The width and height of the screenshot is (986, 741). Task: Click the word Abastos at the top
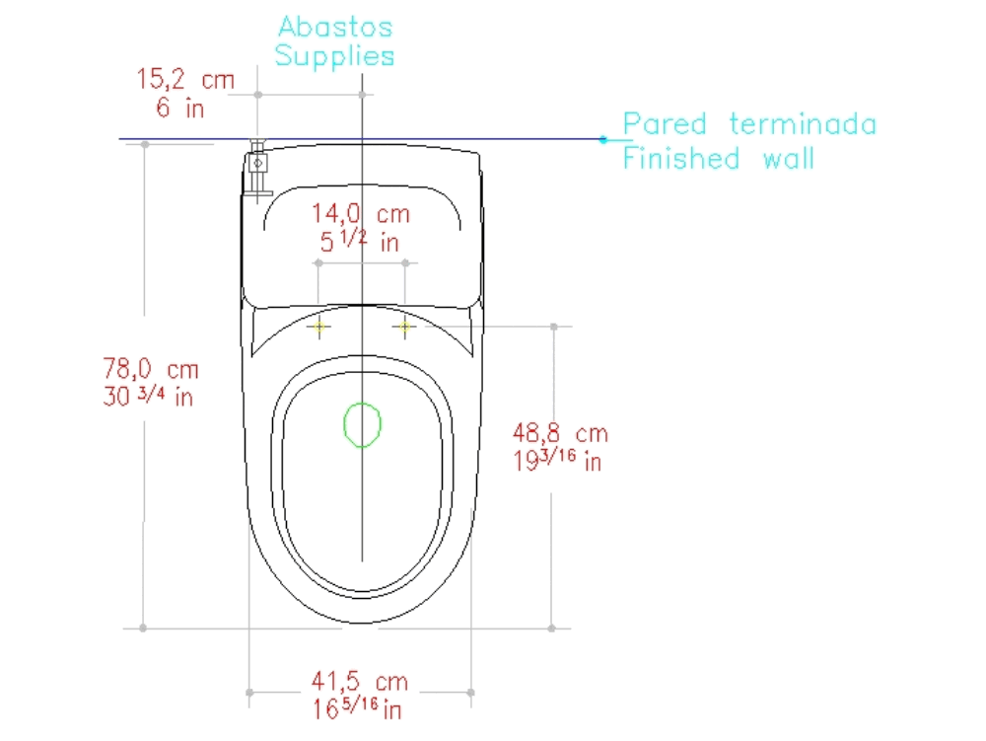tap(335, 27)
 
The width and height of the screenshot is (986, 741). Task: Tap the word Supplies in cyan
tap(335, 56)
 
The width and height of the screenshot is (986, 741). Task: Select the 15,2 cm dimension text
tap(186, 80)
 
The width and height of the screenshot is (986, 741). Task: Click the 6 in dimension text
tap(180, 108)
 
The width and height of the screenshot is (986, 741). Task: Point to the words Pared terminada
tap(749, 124)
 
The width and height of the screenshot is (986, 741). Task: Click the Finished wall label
tap(719, 158)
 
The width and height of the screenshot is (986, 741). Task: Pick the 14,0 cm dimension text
tap(361, 213)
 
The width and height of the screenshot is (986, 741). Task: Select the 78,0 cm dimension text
tap(151, 370)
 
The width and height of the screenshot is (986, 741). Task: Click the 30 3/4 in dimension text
tap(148, 398)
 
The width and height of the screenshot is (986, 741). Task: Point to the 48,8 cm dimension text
tap(560, 432)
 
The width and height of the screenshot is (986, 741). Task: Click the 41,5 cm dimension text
tap(360, 681)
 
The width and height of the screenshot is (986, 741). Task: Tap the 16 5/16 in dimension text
tap(357, 707)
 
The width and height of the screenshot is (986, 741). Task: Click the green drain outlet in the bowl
tap(362, 424)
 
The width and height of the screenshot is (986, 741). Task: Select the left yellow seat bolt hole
tap(319, 326)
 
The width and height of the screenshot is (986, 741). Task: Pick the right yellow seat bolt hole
tap(405, 326)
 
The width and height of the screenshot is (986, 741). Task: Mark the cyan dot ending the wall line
tap(603, 139)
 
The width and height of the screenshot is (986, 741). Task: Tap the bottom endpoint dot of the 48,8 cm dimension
tap(553, 628)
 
